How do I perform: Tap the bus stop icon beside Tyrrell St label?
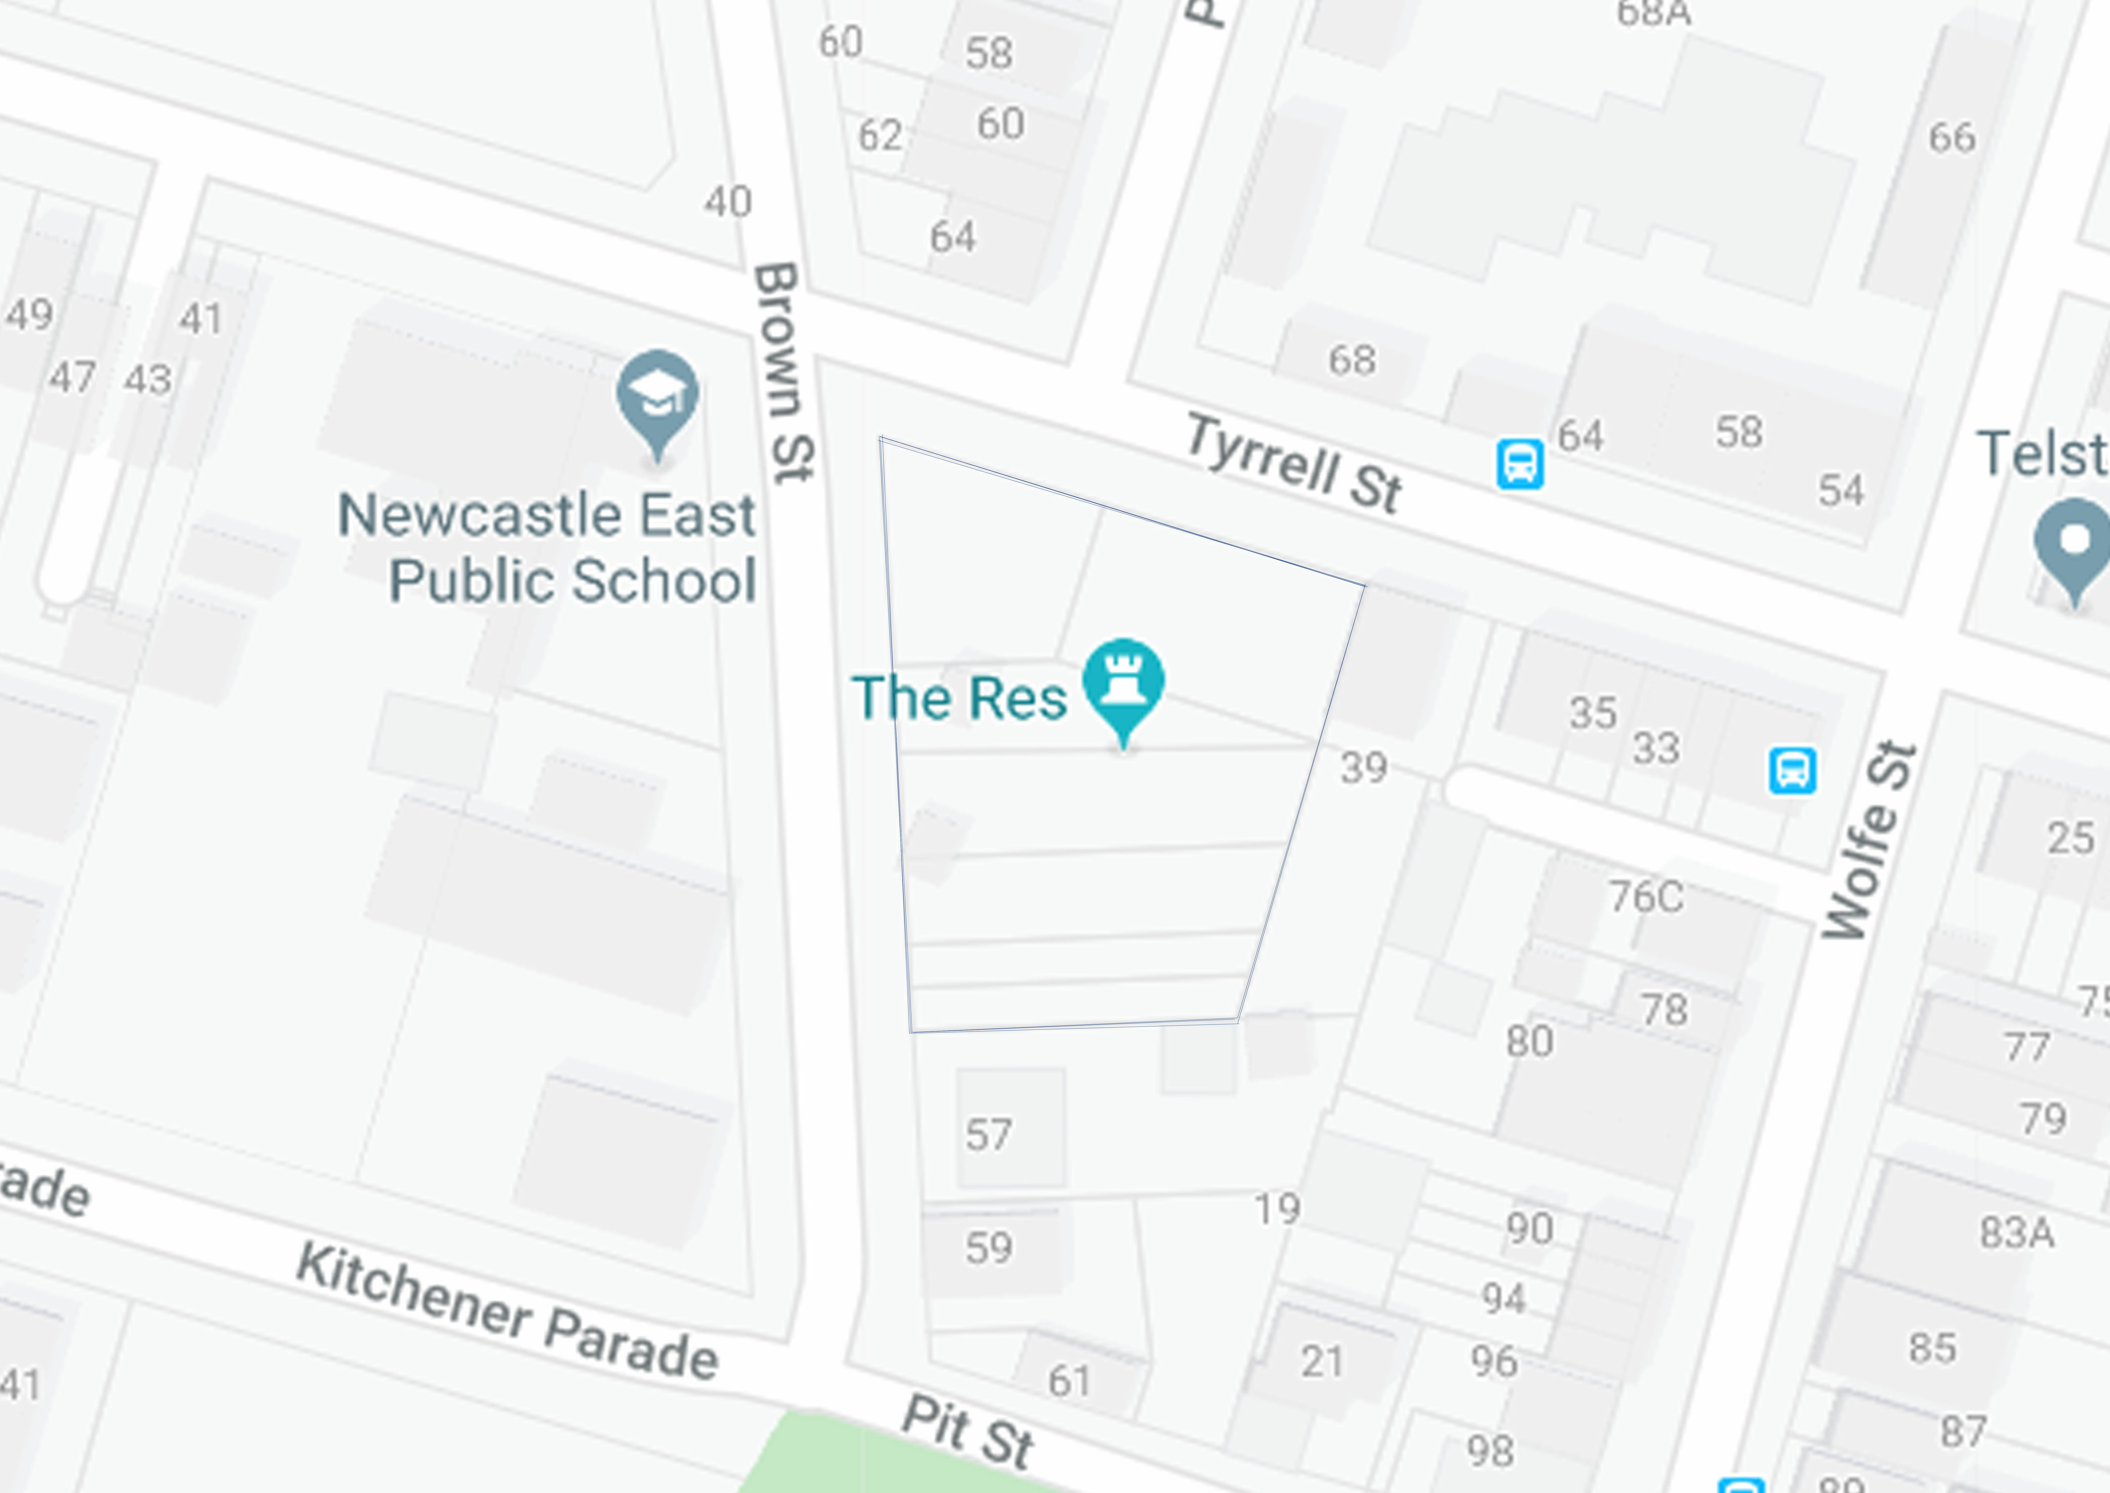[x=1520, y=464]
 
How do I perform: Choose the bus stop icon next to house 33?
[x=1792, y=770]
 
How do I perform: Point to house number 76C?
[x=1646, y=896]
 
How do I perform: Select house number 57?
[x=988, y=1134]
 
